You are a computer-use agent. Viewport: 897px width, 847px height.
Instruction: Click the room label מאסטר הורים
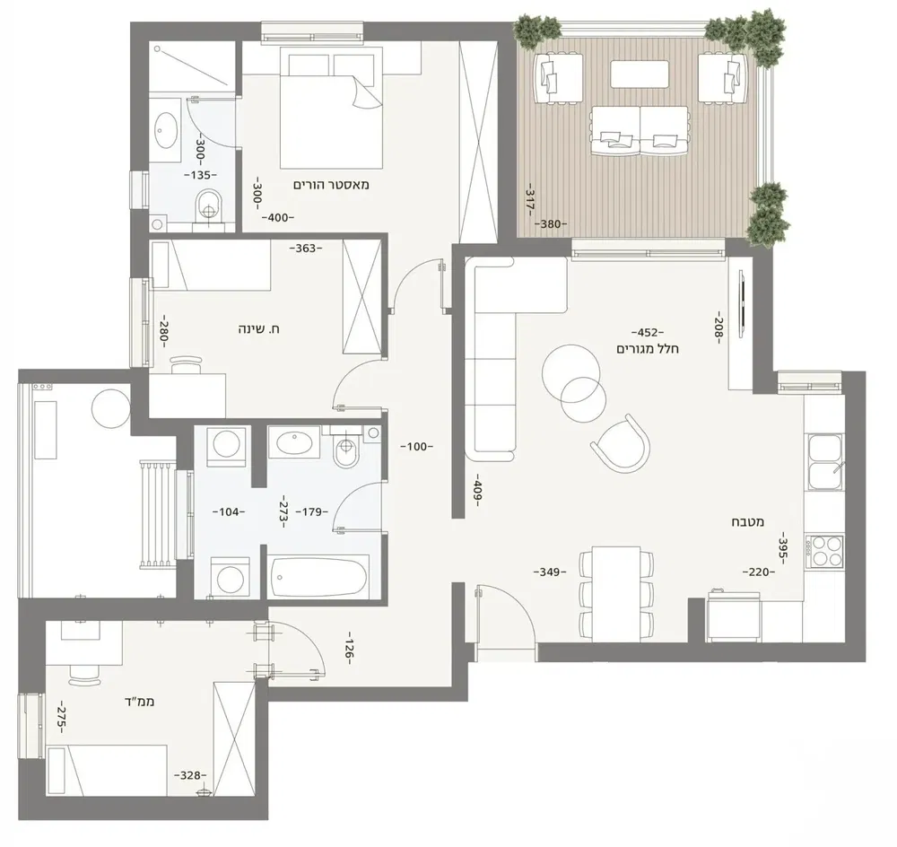tap(331, 184)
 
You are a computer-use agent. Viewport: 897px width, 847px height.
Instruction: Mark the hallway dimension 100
tap(418, 446)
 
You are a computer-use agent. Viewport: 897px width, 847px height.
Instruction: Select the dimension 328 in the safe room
tap(190, 775)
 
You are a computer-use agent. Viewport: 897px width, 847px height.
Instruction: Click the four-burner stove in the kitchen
tap(824, 552)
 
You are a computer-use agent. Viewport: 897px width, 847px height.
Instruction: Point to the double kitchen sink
tap(824, 460)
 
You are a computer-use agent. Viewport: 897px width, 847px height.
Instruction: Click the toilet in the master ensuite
tap(207, 205)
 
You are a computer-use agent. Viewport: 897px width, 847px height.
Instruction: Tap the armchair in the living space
tap(622, 443)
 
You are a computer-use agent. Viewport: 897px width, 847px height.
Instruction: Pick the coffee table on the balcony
tap(640, 74)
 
